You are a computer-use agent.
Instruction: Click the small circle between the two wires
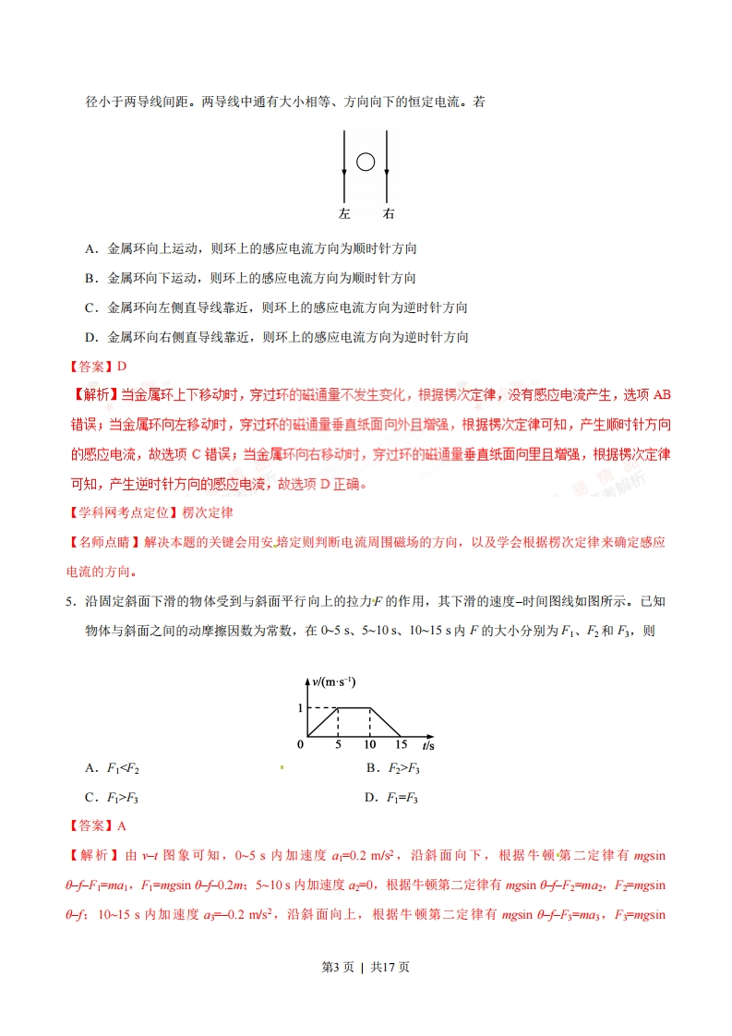tap(366, 163)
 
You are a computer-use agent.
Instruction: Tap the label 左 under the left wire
tap(344, 214)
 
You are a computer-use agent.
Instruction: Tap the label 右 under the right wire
tap(388, 214)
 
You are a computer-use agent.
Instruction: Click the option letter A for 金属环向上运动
tap(90, 248)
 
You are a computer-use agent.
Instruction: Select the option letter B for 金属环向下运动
tap(90, 278)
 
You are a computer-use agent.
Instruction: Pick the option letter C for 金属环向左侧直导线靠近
tap(90, 307)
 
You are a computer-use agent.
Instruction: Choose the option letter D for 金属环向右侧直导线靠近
tap(90, 337)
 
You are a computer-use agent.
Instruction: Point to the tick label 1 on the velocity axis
tap(299, 708)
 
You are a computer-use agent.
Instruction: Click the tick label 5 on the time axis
tap(338, 744)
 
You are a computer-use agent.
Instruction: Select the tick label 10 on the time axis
tap(370, 744)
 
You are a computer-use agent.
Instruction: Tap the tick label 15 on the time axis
tap(401, 744)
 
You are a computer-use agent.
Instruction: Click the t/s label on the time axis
tap(429, 744)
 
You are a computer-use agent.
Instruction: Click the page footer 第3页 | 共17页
tap(366, 967)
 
